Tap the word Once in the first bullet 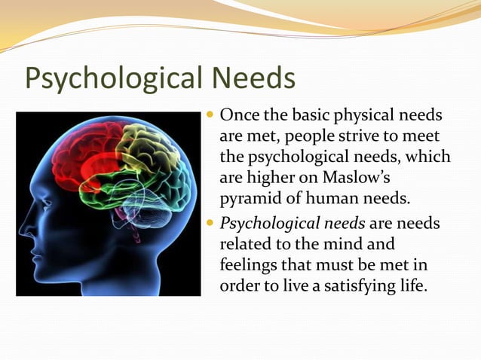click(x=237, y=119)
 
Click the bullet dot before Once click(x=210, y=118)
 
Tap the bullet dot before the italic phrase click(x=210, y=223)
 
